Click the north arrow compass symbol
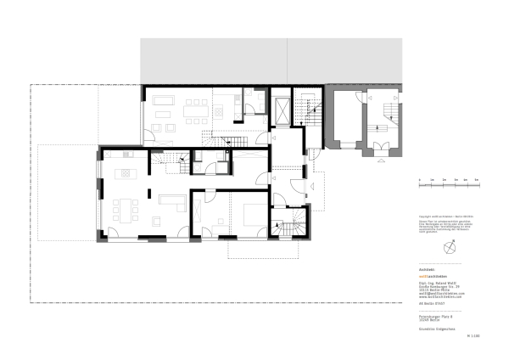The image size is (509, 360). coord(450,247)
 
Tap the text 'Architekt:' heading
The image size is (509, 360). coord(428,269)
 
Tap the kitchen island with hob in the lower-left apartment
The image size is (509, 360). coord(126,173)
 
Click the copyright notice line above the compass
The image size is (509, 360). coord(439,215)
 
